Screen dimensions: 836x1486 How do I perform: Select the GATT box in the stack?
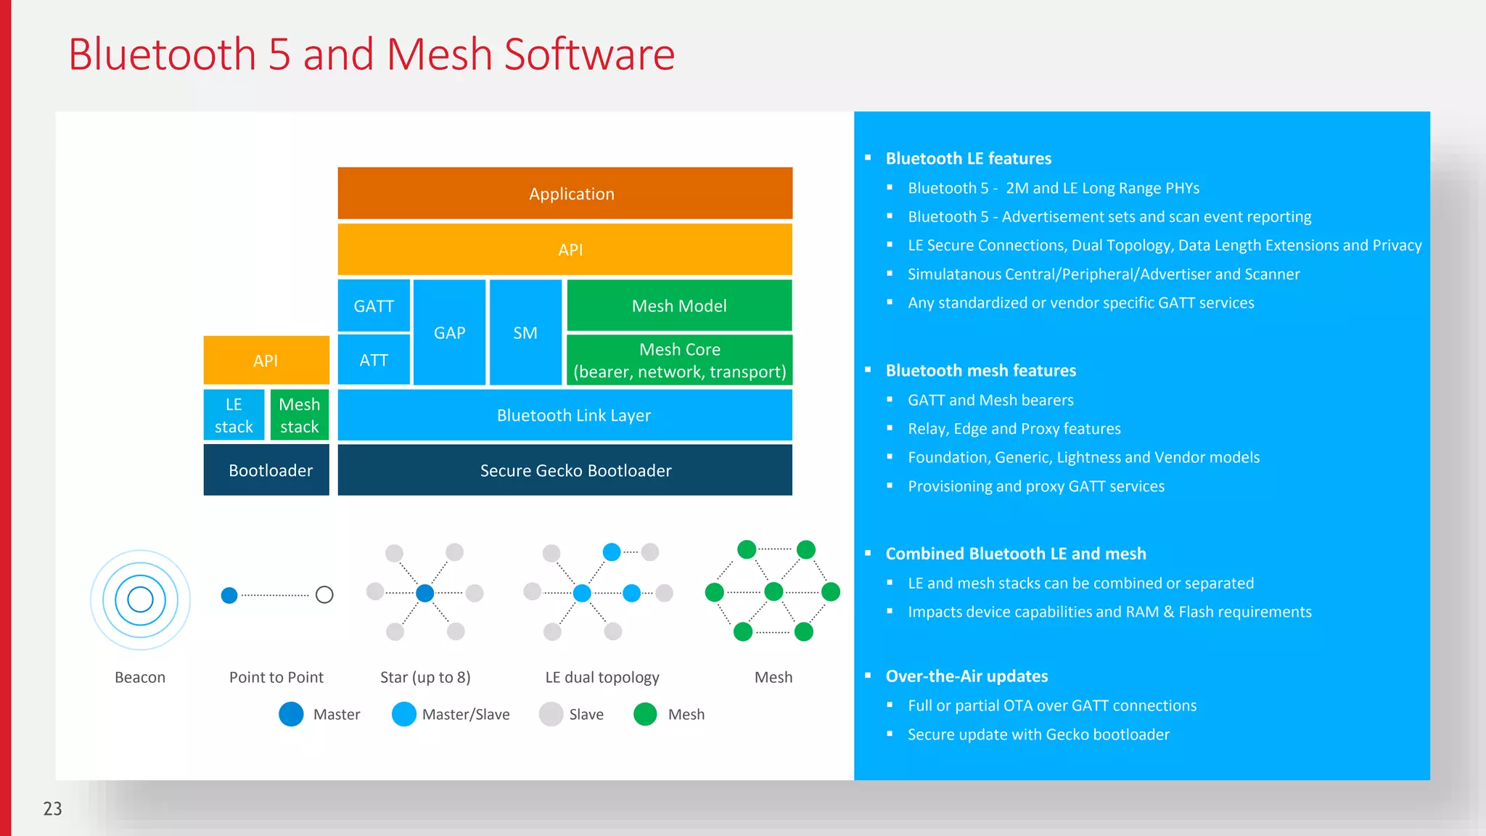coord(374,306)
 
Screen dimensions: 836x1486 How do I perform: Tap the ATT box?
coord(374,360)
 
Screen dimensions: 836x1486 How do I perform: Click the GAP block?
coord(449,332)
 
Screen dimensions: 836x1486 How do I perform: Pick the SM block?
coord(525,332)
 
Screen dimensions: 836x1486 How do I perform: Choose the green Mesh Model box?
coord(678,306)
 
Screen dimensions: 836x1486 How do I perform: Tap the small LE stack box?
coord(234,415)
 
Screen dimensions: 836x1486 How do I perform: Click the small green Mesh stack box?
coord(299,415)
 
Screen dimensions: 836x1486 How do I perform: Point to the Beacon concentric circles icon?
coord(140,599)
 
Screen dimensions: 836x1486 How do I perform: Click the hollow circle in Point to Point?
coord(324,595)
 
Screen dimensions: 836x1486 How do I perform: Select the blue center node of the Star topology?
coord(425,593)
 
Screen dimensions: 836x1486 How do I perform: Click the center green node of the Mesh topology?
coord(773,591)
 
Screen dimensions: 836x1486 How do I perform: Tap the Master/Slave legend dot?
coord(403,714)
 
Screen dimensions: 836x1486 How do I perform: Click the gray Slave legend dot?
coord(551,714)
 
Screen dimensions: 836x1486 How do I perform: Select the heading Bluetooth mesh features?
coord(980,370)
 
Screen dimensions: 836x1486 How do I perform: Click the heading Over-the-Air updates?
coord(966,676)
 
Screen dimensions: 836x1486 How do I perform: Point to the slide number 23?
coord(53,808)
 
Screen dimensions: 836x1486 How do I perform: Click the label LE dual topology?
coord(602,677)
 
